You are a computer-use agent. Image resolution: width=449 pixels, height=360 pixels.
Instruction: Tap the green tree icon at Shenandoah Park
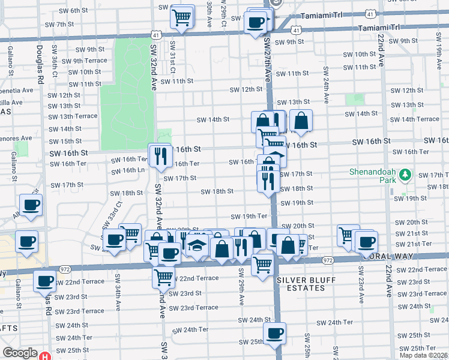[406, 174]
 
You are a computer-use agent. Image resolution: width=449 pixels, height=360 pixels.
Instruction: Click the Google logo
[20, 353]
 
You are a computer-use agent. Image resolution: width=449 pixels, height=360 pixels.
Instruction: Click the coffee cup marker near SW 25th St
[274, 334]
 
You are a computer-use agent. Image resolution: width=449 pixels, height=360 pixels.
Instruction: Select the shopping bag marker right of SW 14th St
[301, 121]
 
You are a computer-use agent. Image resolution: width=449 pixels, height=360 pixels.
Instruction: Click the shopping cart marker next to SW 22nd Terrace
[163, 277]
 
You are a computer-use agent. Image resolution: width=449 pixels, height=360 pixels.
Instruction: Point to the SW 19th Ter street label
[249, 216]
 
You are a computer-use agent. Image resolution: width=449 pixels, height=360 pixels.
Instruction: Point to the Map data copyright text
[423, 355]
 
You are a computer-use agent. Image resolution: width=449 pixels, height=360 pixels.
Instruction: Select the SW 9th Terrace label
[83, 61]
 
